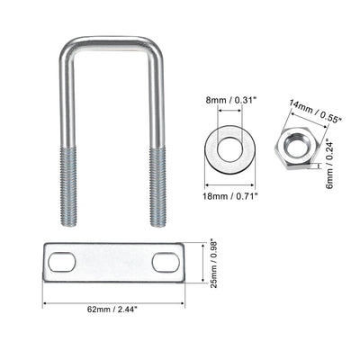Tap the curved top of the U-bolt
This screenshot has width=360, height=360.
point(112,41)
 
